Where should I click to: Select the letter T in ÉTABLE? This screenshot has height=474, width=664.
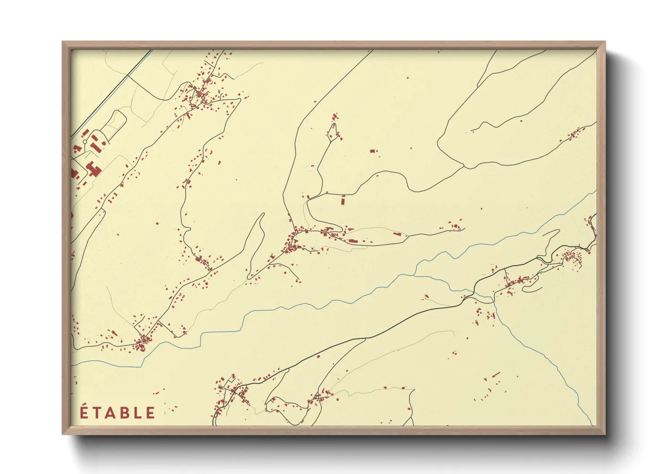point(96,413)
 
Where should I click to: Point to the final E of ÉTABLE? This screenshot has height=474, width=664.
point(151,413)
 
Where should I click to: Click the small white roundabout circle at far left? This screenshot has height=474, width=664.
point(85,142)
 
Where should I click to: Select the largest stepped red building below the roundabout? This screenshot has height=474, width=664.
point(93,169)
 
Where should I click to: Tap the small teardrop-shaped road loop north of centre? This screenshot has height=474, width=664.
point(333,131)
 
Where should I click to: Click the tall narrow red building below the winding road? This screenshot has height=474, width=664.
point(344,200)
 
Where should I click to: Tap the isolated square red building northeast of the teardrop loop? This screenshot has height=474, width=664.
point(372,151)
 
